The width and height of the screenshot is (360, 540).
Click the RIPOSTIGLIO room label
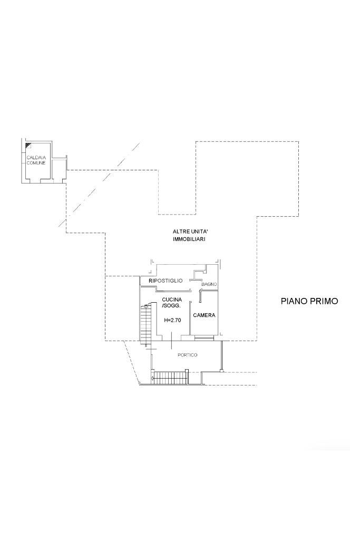(165, 281)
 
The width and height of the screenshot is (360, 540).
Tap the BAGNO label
(209, 284)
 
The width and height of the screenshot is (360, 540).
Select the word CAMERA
(204, 315)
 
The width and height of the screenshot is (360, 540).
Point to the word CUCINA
(172, 300)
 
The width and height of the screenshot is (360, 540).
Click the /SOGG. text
(171, 305)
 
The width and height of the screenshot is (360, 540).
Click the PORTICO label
(188, 355)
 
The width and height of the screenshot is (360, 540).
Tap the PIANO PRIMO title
(309, 301)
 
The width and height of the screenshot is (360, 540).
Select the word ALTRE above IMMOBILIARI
(180, 232)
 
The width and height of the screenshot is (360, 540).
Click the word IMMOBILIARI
(189, 239)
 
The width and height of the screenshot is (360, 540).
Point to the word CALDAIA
(35, 158)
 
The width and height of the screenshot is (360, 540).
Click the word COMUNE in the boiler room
(36, 162)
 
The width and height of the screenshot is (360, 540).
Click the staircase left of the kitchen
(145, 324)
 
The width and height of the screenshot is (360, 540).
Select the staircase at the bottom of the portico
(170, 378)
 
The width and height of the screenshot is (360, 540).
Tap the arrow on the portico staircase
(153, 378)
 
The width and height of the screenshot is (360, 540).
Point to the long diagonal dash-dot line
(99, 185)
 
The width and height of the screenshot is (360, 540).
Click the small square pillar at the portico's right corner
(222, 371)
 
